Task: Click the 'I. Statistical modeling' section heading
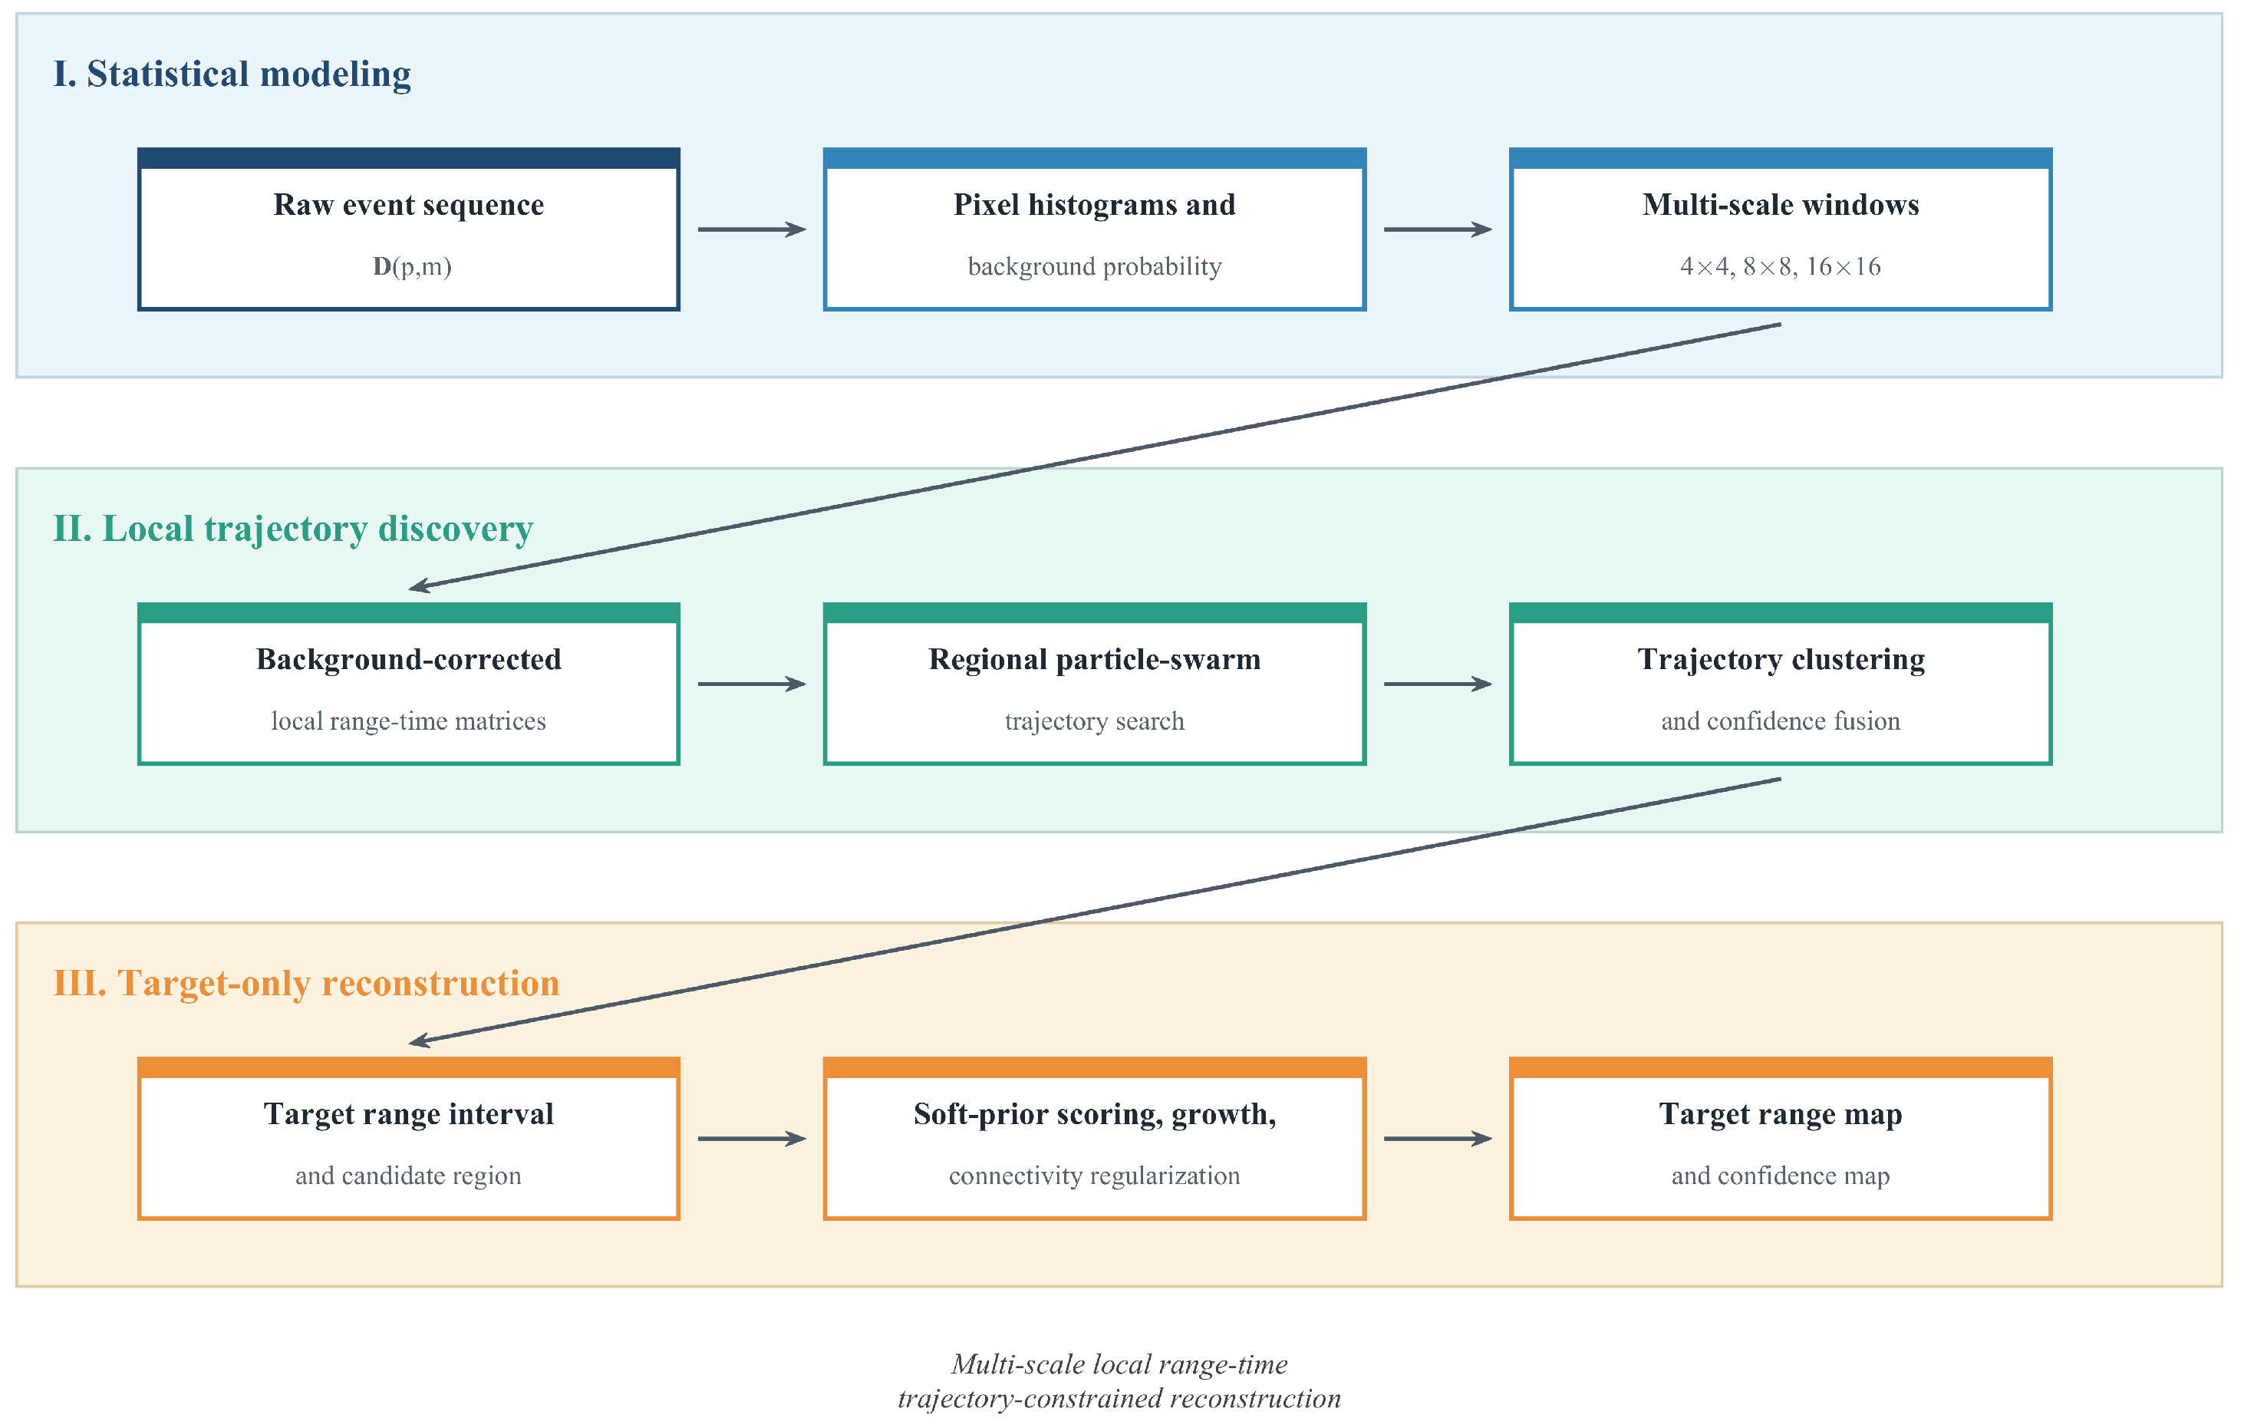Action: [232, 74]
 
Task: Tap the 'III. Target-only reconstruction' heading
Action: [307, 984]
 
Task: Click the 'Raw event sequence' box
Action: [408, 229]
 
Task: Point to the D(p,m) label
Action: [412, 266]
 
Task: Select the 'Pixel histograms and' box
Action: [1095, 229]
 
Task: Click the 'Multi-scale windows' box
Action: [1781, 229]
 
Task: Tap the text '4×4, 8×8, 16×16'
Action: [1781, 266]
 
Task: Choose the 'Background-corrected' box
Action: [408, 684]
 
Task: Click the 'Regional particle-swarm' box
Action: [1095, 684]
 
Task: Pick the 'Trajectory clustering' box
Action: [1781, 684]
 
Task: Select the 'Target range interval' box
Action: [408, 1138]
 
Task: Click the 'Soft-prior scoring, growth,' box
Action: [1095, 1138]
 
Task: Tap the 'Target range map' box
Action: [1781, 1138]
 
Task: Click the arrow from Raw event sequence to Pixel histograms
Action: [752, 229]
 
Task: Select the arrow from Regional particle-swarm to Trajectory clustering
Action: [1438, 684]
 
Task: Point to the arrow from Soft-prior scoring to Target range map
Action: [1438, 1138]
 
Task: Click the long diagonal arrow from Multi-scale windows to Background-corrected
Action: [1095, 457]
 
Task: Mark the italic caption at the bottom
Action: [1119, 1381]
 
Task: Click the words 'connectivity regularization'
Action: [1095, 1176]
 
